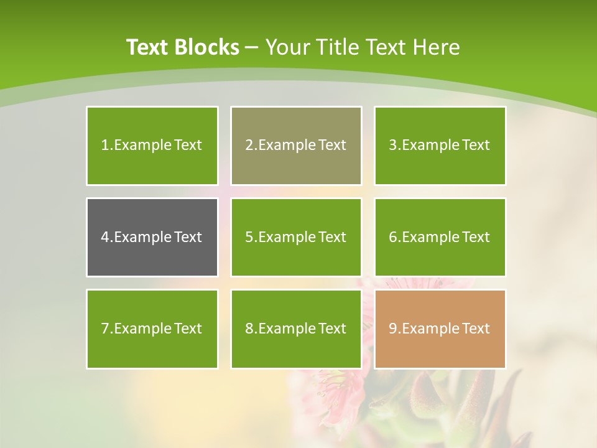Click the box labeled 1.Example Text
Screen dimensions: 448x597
[152, 146]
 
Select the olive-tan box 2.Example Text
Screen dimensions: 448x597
[296, 146]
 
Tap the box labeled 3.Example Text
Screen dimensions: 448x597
[440, 146]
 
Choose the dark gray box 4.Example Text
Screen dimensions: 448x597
[152, 237]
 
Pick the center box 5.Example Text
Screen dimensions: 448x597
[296, 237]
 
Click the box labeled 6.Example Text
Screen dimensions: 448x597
[440, 237]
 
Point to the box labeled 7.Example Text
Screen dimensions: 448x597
[152, 329]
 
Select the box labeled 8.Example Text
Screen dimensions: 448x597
[296, 329]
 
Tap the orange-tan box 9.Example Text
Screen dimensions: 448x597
[440, 329]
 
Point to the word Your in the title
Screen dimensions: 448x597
[286, 47]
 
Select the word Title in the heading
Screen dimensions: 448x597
[337, 47]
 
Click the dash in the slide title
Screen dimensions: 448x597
[252, 47]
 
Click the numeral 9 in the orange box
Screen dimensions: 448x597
[392, 329]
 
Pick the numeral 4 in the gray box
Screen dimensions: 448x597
[104, 237]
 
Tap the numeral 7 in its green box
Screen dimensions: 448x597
[104, 329]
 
